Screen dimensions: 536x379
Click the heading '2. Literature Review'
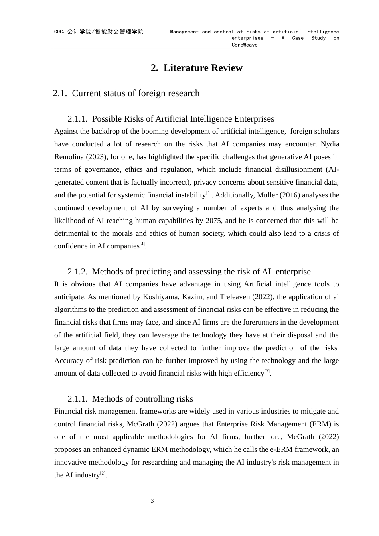pos(196,68)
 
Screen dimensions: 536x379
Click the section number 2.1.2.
pos(77,272)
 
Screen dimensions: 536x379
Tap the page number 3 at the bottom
pos(152,501)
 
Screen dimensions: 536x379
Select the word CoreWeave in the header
pos(245,45)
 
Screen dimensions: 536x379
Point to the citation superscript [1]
pos(209,193)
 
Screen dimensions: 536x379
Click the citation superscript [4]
pos(142,244)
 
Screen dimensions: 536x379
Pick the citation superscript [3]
pos(267,371)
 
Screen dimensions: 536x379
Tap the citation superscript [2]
pos(103,473)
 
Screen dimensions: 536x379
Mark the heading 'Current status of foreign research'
pos(136,93)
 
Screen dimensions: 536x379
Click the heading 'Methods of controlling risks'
pos(142,399)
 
